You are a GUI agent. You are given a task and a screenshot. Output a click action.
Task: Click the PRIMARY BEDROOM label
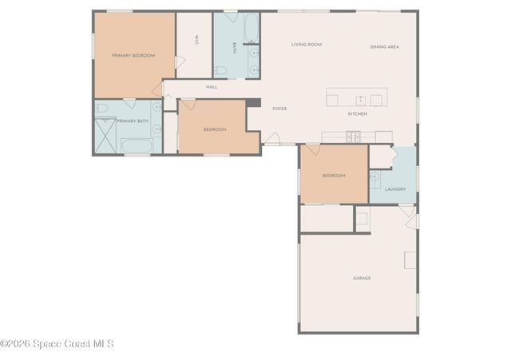133,56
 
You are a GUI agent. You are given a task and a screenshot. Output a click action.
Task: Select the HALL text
212,87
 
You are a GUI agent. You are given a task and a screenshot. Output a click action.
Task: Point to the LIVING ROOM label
306,45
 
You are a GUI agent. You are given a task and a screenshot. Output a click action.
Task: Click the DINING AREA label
384,47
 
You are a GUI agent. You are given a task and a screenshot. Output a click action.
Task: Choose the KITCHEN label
357,114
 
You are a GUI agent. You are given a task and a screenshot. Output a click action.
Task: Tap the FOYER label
279,109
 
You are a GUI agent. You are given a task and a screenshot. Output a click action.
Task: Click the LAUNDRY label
395,189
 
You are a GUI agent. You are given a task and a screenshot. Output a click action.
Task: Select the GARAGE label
362,278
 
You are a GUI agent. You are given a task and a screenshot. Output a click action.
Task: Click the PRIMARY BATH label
133,121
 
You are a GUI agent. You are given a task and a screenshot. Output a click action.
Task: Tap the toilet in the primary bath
102,108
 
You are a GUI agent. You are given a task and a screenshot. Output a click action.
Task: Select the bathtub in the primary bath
137,146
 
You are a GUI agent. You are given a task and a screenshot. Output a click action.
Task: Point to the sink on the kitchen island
361,100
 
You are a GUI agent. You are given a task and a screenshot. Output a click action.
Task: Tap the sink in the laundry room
374,176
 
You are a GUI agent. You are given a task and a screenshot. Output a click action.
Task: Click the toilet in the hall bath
221,71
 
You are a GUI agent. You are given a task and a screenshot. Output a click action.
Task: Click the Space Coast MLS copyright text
57,344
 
